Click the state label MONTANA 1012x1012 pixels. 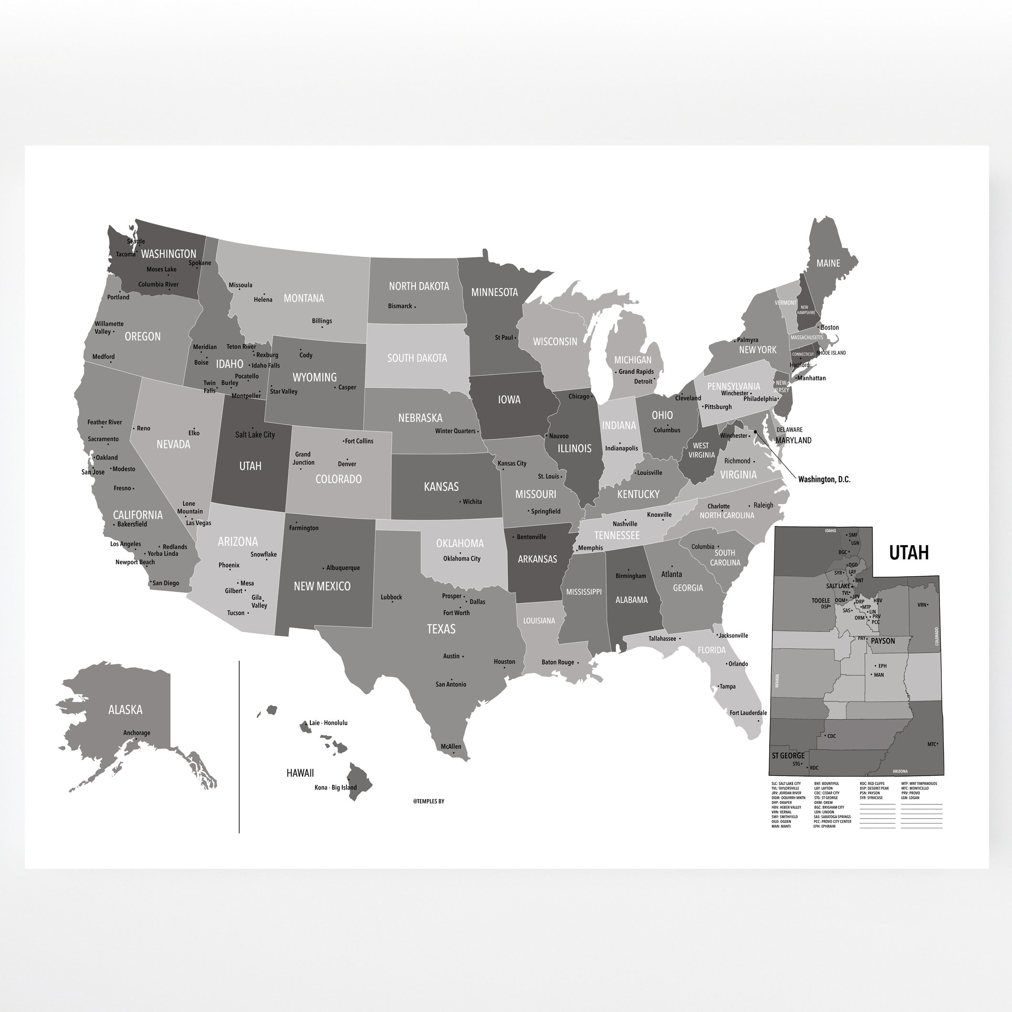pos(303,298)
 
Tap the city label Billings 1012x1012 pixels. pos(322,321)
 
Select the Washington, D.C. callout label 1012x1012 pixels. pos(824,479)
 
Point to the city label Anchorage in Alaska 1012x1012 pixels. pos(137,733)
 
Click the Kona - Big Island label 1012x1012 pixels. pos(335,787)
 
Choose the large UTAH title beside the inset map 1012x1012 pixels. pos(909,553)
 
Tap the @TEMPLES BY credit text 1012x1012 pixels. pos(429,801)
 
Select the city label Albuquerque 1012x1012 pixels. pos(343,568)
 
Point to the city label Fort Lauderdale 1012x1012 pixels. pos(748,713)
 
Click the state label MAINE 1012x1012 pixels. pos(828,263)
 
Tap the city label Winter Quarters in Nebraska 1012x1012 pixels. pos(455,431)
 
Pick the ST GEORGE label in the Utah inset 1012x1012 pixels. pos(788,756)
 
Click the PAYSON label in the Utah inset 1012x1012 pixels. pos(883,641)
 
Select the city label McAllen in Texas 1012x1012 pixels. pos(451,747)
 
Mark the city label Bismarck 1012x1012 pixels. pos(400,306)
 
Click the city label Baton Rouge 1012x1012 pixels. pos(558,662)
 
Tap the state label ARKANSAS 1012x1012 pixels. pos(537,559)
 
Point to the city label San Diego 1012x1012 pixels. pos(166,583)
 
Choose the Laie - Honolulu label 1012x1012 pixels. pos(328,723)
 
